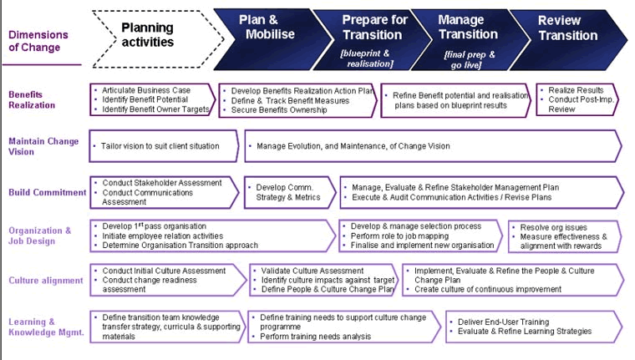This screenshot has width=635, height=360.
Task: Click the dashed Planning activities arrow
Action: click(x=148, y=34)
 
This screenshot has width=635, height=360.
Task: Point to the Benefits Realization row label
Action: click(x=33, y=99)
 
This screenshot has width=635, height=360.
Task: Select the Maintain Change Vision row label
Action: click(x=43, y=146)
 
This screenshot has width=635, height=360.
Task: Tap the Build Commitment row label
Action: click(x=48, y=192)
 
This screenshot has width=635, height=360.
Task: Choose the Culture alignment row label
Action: click(x=43, y=281)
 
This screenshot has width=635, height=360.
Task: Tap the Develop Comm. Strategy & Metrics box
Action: click(x=284, y=192)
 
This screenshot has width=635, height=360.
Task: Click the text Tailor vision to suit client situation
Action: click(x=160, y=146)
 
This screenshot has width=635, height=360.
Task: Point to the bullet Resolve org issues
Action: click(x=553, y=227)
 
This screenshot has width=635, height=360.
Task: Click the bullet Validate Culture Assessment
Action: click(x=311, y=271)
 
